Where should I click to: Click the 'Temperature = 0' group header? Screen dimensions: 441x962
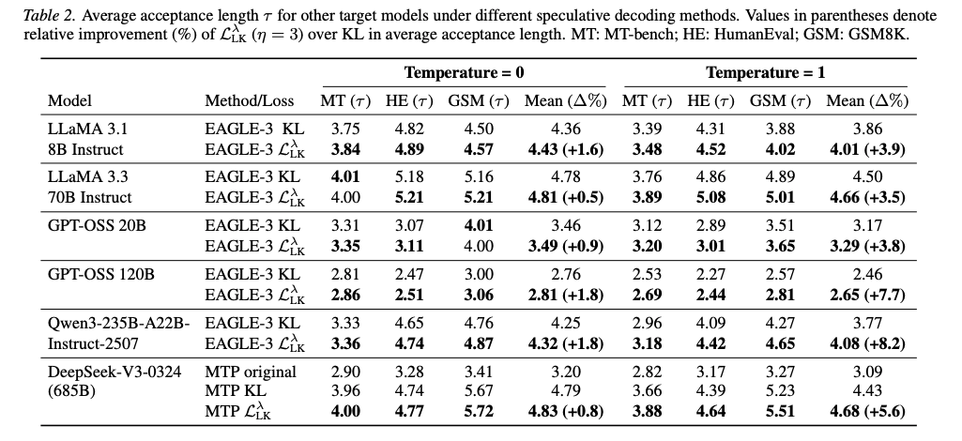click(x=465, y=73)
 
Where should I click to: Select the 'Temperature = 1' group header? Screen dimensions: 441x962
click(x=765, y=73)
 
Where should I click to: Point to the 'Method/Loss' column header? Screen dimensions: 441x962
click(x=249, y=101)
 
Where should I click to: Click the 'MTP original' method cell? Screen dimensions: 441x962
click(x=251, y=372)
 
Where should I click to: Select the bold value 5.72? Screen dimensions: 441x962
click(x=479, y=410)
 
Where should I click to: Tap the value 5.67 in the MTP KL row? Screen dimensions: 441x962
click(x=479, y=390)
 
